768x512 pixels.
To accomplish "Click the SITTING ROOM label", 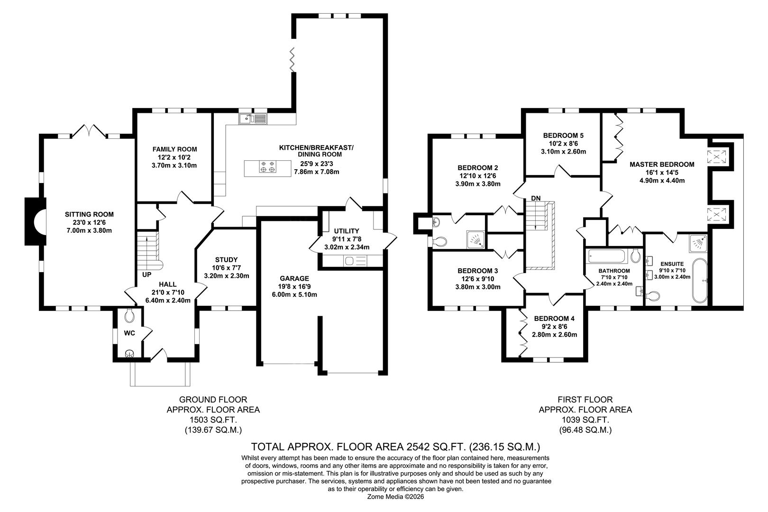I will point(89,214).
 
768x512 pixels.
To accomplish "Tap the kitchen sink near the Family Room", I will point(254,118).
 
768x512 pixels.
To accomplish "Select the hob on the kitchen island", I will point(267,167).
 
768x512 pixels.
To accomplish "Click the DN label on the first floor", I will point(535,198).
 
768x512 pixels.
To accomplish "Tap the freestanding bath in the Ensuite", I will point(700,281).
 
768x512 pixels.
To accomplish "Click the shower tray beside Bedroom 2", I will point(475,240).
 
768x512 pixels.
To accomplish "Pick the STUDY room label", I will point(226,260).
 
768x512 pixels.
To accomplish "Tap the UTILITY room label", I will point(347,231).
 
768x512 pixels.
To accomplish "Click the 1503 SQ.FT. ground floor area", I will point(213,420).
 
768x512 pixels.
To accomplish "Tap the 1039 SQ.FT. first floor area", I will point(585,420).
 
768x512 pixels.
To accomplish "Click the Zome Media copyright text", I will point(395,497).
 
